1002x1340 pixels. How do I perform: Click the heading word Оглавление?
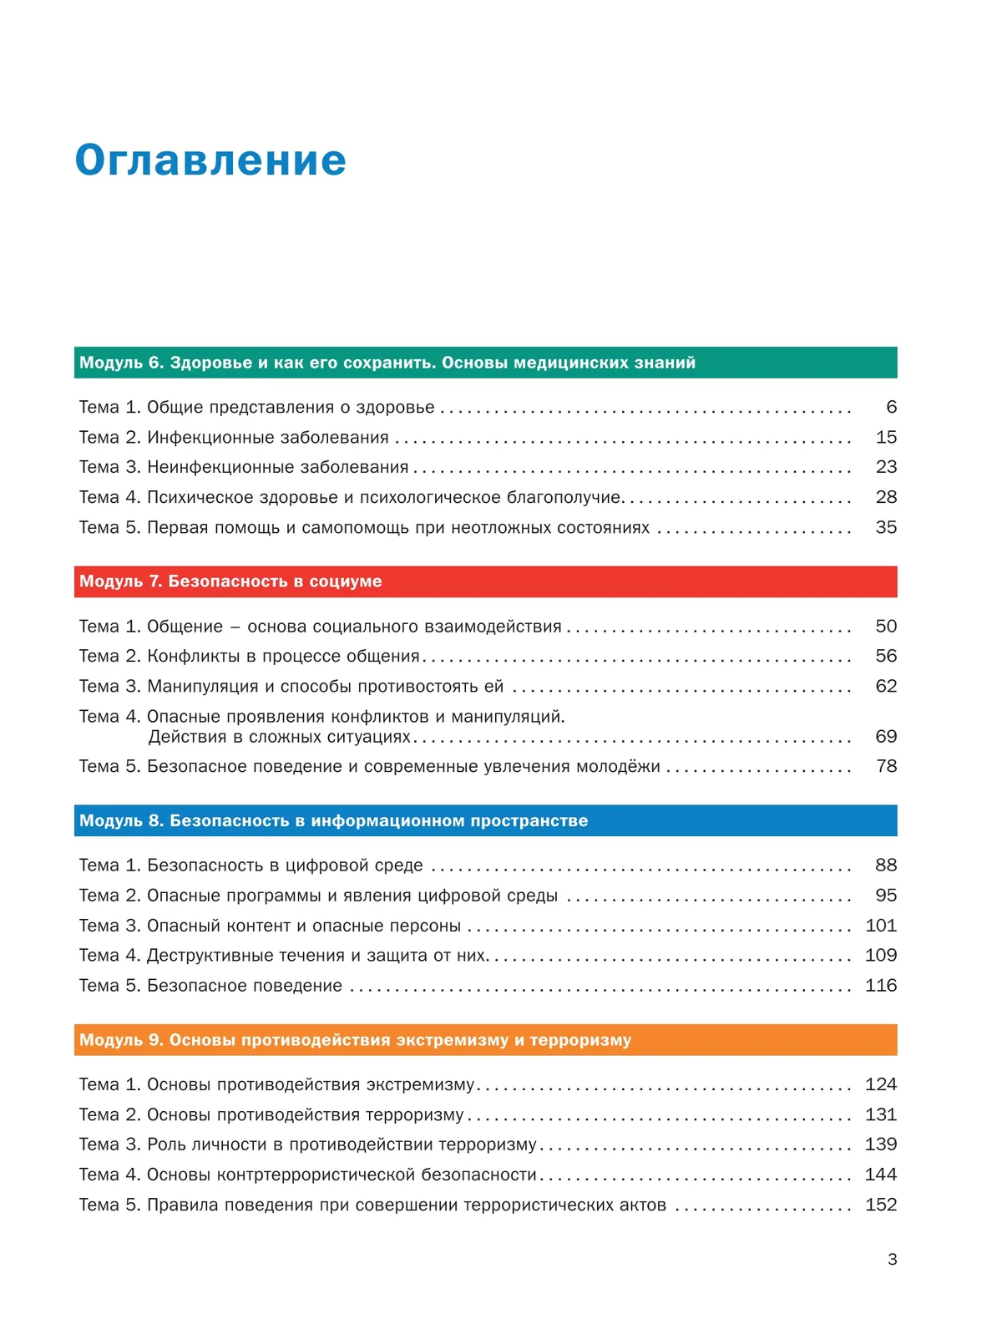click(x=210, y=160)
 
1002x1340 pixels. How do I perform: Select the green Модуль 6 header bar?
click(x=485, y=363)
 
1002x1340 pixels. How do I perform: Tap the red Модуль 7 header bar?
click(x=485, y=581)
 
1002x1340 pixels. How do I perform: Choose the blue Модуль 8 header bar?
click(x=485, y=820)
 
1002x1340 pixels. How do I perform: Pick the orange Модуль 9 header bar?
click(x=485, y=1040)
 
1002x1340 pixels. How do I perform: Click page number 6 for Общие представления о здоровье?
click(x=891, y=407)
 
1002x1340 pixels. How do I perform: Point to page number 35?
click(x=886, y=527)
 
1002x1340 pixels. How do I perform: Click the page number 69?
click(x=886, y=736)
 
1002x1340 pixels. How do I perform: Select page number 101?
click(x=881, y=926)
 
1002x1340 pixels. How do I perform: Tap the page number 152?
click(x=881, y=1205)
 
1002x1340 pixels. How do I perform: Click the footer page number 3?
click(x=893, y=1259)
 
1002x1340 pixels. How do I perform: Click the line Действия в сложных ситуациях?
click(x=280, y=737)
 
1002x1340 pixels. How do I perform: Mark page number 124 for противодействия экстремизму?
click(x=881, y=1084)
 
